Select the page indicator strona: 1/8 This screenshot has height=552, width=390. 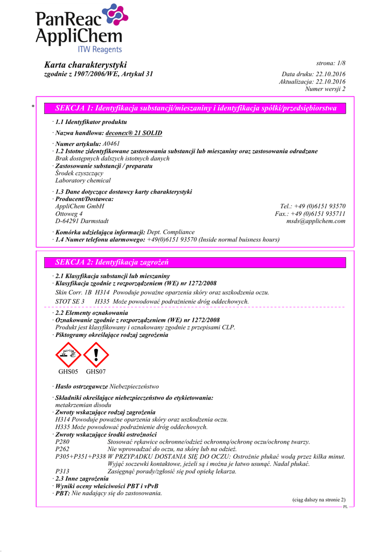[331, 64]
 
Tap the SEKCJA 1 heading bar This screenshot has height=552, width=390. [196, 108]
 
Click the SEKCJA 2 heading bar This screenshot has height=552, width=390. [196, 263]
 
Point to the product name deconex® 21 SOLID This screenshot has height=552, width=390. [134, 133]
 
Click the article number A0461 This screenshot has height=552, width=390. [111, 144]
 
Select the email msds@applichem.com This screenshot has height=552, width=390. [316, 221]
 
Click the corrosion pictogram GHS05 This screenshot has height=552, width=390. [68, 354]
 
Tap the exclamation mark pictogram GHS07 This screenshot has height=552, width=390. [96, 354]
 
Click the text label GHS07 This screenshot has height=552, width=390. [96, 371]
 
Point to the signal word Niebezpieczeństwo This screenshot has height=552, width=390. [134, 387]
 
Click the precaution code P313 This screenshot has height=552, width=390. [62, 472]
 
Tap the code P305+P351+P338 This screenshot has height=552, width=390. [80, 457]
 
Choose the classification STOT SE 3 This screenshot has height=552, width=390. [70, 301]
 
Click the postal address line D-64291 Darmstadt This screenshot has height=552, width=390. [82, 221]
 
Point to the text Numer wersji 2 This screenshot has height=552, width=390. [325, 89]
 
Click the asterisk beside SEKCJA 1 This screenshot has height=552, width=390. [33, 107]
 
